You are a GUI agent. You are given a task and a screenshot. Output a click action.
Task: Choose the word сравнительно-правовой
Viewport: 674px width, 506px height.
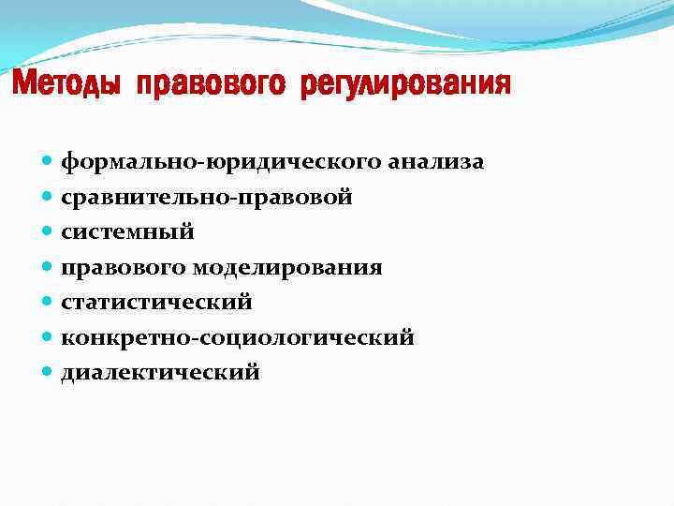coord(206,198)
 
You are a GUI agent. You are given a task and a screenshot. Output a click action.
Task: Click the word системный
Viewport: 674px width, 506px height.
coord(127,232)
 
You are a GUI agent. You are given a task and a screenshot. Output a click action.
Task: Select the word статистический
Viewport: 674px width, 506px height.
coord(156,303)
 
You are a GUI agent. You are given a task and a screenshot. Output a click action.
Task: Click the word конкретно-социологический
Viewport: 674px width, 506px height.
coord(237,338)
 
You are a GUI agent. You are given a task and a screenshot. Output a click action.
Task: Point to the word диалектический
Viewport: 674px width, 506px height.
coord(160,373)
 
